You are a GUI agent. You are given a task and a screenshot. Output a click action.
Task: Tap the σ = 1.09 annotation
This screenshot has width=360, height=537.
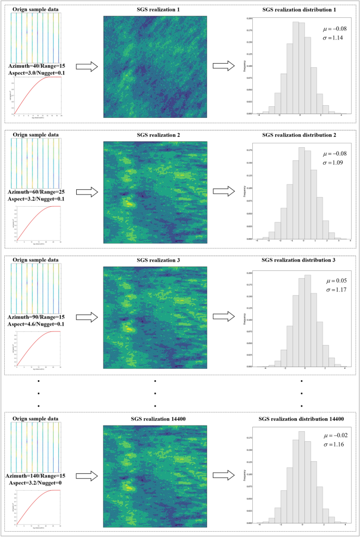(x=332, y=165)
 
